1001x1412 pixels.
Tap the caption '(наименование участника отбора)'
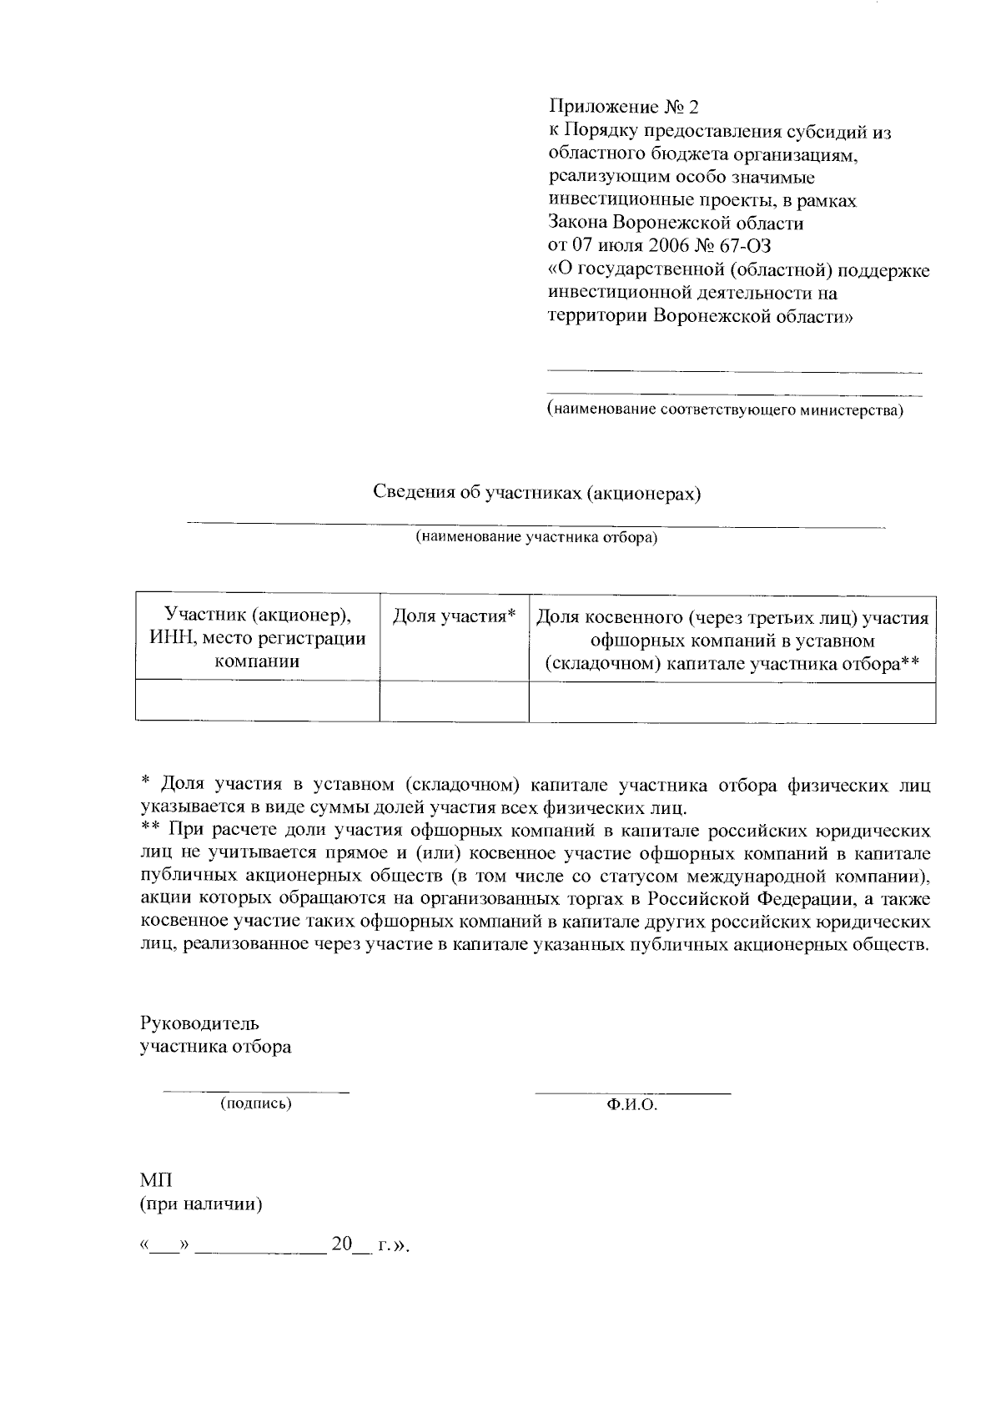(x=537, y=538)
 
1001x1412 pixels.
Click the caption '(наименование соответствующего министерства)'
(x=725, y=410)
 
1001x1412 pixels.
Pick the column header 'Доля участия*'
(x=455, y=616)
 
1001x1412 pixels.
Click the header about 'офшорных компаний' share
(x=732, y=641)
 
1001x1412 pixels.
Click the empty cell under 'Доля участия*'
(x=455, y=701)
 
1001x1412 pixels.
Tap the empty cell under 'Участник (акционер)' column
(x=257, y=701)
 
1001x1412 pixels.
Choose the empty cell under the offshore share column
(x=732, y=701)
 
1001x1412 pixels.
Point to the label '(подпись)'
(x=255, y=1103)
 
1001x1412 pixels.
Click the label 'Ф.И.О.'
(x=632, y=1105)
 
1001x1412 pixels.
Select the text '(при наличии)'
(x=201, y=1204)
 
